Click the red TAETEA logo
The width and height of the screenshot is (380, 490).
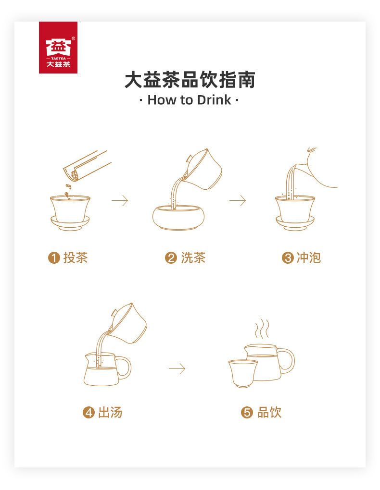point(58,48)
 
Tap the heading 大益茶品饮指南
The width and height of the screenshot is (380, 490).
point(190,80)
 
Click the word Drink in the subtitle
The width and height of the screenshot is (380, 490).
point(215,100)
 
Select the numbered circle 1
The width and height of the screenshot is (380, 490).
point(54,258)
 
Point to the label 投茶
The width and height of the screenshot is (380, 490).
point(76,258)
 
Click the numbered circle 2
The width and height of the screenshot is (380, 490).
point(171,258)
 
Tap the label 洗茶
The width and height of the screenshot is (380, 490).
point(193,258)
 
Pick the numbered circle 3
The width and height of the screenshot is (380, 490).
point(288,258)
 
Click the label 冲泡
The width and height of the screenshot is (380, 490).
point(309,258)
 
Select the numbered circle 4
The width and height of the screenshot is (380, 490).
point(89,413)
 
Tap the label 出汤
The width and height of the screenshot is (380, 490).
point(110,413)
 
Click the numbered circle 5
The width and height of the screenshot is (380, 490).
point(247,413)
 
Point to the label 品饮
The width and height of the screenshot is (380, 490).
point(269,413)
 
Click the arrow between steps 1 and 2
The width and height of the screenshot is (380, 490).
point(120,200)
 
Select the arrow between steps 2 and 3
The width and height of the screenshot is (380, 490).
point(238,200)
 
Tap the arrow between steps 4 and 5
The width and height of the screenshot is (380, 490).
point(177,369)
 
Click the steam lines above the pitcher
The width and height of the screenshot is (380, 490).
point(262,329)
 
